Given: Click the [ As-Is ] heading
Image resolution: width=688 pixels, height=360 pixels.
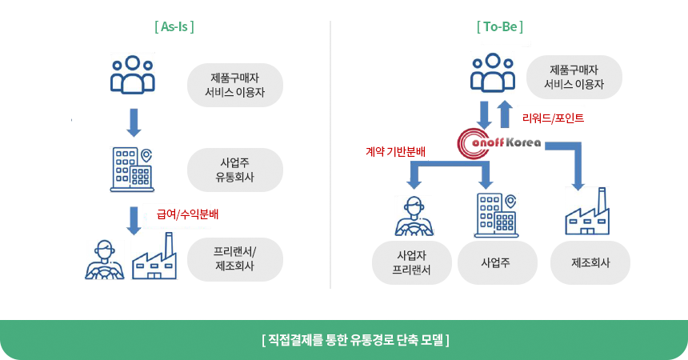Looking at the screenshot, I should coord(174,26).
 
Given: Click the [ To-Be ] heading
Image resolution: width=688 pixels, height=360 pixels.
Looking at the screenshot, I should coord(499,26).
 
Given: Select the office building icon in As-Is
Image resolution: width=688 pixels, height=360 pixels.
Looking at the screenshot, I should coord(132,169).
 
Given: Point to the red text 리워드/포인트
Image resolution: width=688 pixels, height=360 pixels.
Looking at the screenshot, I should coord(553,118).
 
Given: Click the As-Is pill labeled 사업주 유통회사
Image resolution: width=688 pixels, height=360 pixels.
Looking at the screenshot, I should coord(234,169).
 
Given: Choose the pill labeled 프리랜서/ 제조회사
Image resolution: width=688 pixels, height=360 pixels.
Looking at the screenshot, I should coord(234,258).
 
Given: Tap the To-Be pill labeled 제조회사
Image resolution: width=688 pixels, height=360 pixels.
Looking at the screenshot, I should coord(590,262).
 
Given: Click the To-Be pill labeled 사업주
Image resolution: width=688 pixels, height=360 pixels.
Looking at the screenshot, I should coord(496,262).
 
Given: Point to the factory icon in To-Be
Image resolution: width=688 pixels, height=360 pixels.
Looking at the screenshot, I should coord(588,214).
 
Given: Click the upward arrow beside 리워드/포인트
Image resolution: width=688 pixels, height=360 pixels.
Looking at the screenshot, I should coord(505,114).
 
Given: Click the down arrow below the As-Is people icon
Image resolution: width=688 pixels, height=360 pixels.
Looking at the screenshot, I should coord(133,122).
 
